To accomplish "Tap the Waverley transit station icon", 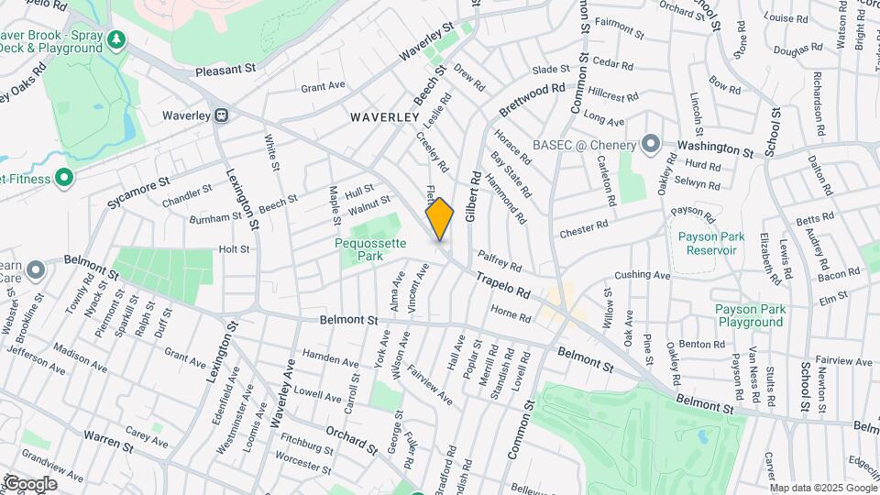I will click(221, 115).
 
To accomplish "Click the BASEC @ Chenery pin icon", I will click(651, 145).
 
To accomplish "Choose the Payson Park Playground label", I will click(750, 315).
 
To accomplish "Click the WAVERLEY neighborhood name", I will click(385, 117).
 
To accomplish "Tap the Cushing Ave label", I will click(643, 274).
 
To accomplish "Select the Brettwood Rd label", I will click(533, 99).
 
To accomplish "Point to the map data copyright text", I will click(821, 489).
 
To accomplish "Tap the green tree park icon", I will click(115, 38).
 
